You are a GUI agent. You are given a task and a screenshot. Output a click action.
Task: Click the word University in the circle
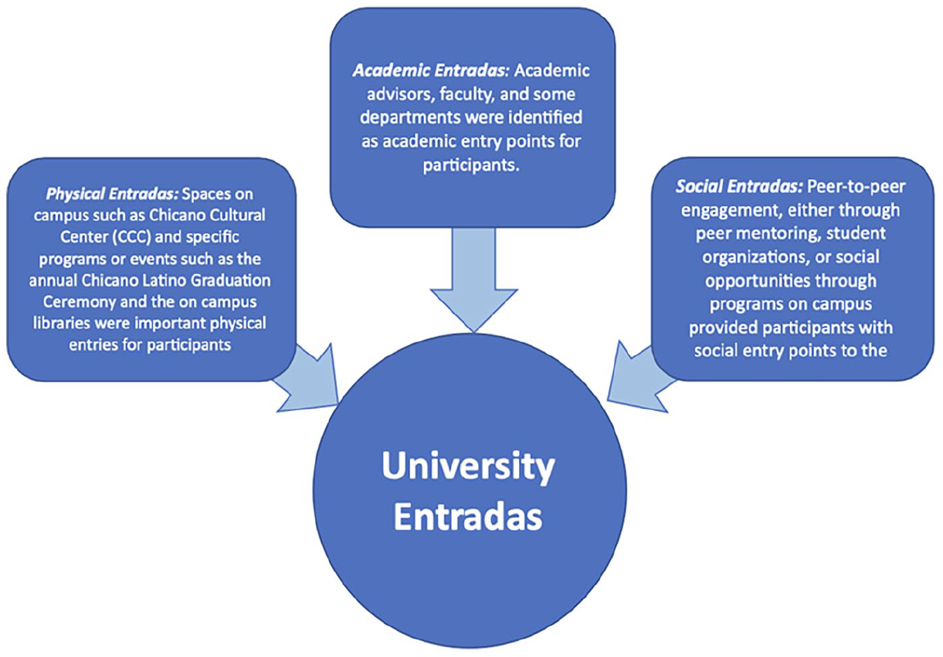pyautogui.click(x=468, y=467)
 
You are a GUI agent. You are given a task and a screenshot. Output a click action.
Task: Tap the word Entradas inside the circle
pyautogui.click(x=468, y=517)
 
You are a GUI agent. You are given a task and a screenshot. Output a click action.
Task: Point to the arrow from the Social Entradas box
pyautogui.click(x=640, y=378)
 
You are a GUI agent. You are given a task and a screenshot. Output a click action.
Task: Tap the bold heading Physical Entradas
pyautogui.click(x=112, y=194)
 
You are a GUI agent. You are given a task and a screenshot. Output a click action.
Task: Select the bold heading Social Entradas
pyautogui.click(x=739, y=187)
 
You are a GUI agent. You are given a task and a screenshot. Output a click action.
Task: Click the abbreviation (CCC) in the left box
pyautogui.click(x=131, y=237)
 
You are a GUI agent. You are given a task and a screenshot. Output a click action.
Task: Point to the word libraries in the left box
pyautogui.click(x=61, y=323)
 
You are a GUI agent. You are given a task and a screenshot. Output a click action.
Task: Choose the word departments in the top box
pyautogui.click(x=410, y=118)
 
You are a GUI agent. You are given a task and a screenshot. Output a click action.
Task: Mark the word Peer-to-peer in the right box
pyautogui.click(x=857, y=187)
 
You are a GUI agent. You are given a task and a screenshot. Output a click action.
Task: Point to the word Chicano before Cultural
pyautogui.click(x=177, y=215)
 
